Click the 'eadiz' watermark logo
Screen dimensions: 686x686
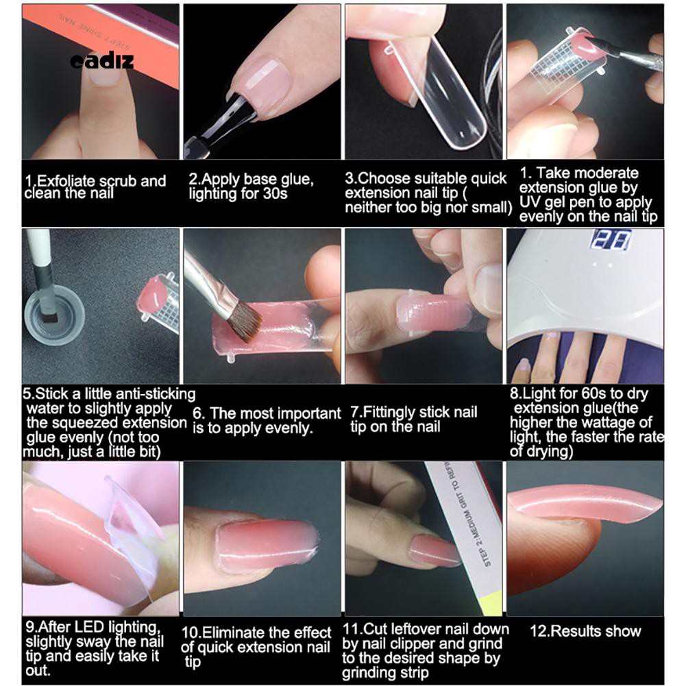pyautogui.click(x=102, y=62)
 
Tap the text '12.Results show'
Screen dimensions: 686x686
pyautogui.click(x=585, y=631)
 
